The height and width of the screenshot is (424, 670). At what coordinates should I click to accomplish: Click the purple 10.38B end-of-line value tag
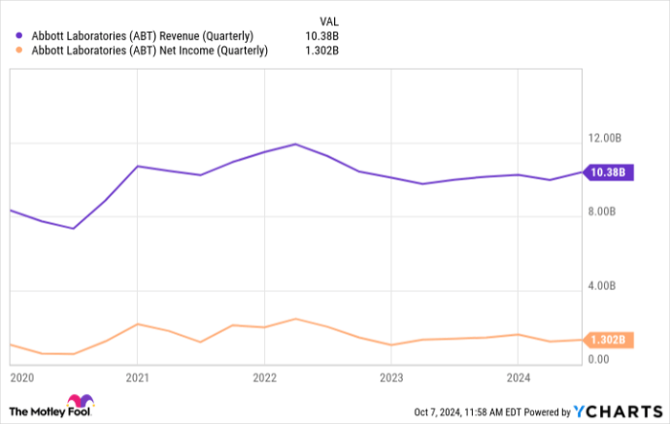tap(608, 173)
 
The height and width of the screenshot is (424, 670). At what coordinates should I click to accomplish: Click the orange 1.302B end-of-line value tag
tap(608, 340)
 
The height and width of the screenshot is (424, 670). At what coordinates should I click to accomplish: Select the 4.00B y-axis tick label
tap(609, 285)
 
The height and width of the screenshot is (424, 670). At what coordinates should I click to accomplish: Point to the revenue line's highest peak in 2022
tap(295, 144)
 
